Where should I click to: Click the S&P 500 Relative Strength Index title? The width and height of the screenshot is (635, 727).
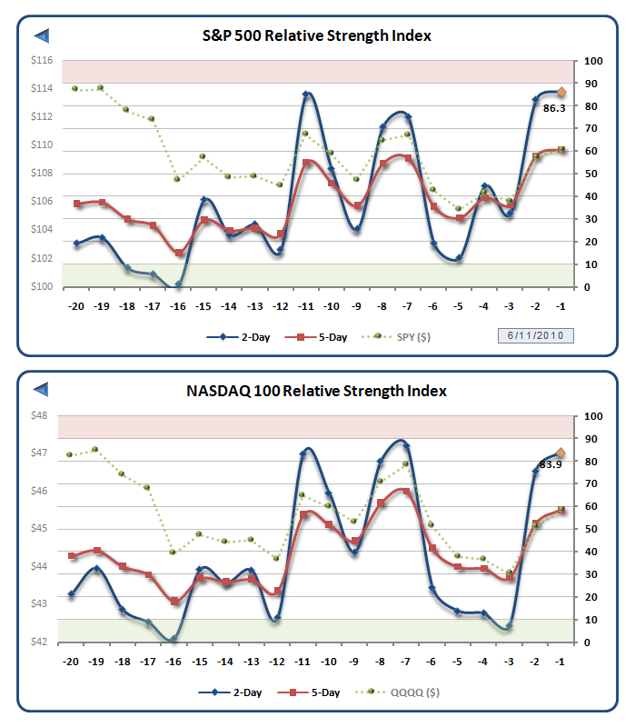[316, 35]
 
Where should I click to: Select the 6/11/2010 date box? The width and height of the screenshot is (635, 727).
[535, 335]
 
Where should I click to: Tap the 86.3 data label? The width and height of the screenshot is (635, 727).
[555, 108]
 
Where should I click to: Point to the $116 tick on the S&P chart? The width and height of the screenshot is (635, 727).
[40, 60]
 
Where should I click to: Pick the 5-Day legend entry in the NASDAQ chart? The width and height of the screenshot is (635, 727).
[318, 692]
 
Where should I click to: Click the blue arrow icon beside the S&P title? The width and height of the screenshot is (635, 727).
[41, 35]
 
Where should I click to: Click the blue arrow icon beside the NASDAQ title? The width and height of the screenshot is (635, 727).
[41, 391]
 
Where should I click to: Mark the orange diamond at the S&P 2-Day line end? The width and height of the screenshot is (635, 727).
[561, 92]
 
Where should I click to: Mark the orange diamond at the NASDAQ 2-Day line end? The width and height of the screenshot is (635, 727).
[561, 453]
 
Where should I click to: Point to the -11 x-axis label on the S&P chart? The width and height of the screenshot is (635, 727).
[306, 306]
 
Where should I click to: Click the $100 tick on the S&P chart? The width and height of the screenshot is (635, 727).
[40, 287]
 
